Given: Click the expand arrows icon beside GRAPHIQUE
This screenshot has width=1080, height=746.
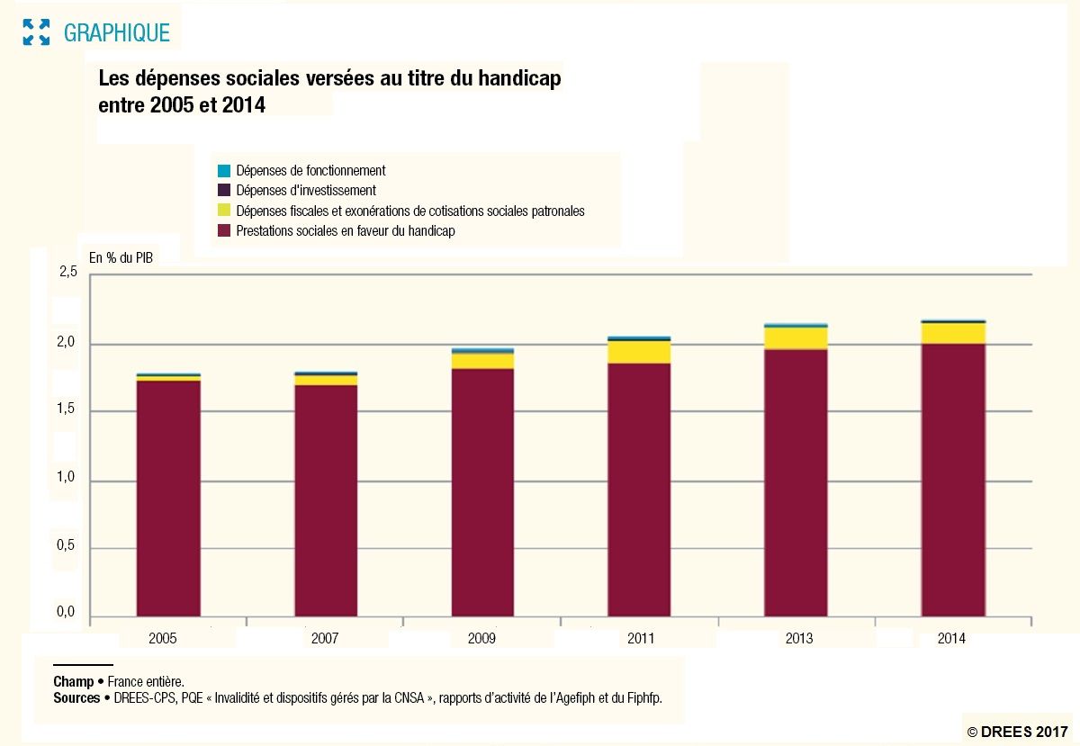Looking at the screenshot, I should pyautogui.click(x=36, y=32).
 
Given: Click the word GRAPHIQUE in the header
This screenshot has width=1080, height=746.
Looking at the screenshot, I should pyautogui.click(x=116, y=33).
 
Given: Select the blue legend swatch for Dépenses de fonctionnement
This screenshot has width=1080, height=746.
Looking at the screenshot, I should pyautogui.click(x=224, y=170).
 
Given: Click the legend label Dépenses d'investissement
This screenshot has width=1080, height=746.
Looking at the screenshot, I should pyautogui.click(x=306, y=191).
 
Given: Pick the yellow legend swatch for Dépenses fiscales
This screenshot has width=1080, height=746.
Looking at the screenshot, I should pyautogui.click(x=224, y=211).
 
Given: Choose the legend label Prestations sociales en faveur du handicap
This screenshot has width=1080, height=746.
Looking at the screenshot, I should pyautogui.click(x=346, y=231).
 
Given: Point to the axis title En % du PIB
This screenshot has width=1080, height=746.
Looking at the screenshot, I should pyautogui.click(x=121, y=257).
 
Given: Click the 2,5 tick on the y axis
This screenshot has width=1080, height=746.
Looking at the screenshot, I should pyautogui.click(x=67, y=274).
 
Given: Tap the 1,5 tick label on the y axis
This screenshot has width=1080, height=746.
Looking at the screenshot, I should pyautogui.click(x=67, y=411).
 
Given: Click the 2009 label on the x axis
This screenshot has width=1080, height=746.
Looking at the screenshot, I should pyautogui.click(x=481, y=639).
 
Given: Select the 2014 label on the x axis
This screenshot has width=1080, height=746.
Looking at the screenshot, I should pyautogui.click(x=951, y=639).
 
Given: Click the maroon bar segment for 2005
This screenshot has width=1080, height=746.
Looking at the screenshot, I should pyautogui.click(x=168, y=499).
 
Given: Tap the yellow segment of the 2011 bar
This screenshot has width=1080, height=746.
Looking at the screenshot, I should pyautogui.click(x=639, y=352).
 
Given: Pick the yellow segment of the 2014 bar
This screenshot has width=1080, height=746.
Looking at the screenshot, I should pyautogui.click(x=952, y=333).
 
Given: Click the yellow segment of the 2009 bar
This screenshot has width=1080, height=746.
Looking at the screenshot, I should pyautogui.click(x=482, y=361).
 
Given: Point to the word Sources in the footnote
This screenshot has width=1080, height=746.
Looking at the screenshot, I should pyautogui.click(x=76, y=698).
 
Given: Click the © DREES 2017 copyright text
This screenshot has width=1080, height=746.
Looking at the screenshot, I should pyautogui.click(x=1017, y=732).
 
